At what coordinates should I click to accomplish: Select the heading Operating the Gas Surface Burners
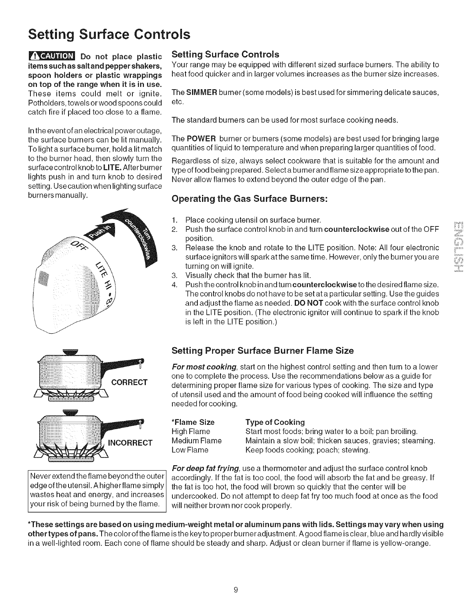(x=250, y=199)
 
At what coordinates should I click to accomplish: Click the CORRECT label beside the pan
(x=129, y=382)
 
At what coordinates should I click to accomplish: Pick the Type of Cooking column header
(x=275, y=422)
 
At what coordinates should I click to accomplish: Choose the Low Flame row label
(x=190, y=450)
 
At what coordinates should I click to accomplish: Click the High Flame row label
(x=191, y=431)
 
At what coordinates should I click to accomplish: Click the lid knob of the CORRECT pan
(x=71, y=351)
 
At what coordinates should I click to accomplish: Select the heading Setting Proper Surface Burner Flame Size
(x=262, y=351)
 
